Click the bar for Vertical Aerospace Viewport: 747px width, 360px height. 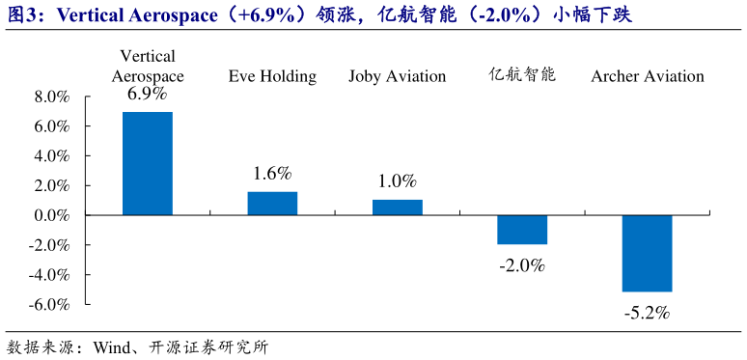[148, 163]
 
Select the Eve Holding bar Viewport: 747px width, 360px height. [272, 203]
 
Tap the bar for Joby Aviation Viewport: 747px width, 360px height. [397, 207]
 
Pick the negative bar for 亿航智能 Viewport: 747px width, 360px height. [522, 230]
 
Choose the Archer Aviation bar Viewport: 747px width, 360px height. [647, 253]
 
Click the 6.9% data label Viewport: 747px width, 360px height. [148, 95]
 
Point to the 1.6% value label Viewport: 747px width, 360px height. [272, 174]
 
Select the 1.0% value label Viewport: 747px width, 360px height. [397, 181]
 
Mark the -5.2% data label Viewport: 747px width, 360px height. [647, 312]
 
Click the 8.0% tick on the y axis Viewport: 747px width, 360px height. [51, 97]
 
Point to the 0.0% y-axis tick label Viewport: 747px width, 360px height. [51, 215]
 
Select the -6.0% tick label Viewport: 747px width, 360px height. [49, 304]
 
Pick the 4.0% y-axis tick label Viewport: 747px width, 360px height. [51, 156]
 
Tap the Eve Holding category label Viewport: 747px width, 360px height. [272, 76]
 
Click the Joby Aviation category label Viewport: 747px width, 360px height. [397, 76]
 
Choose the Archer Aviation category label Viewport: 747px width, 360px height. [647, 76]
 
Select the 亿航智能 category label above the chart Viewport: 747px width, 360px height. [522, 74]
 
